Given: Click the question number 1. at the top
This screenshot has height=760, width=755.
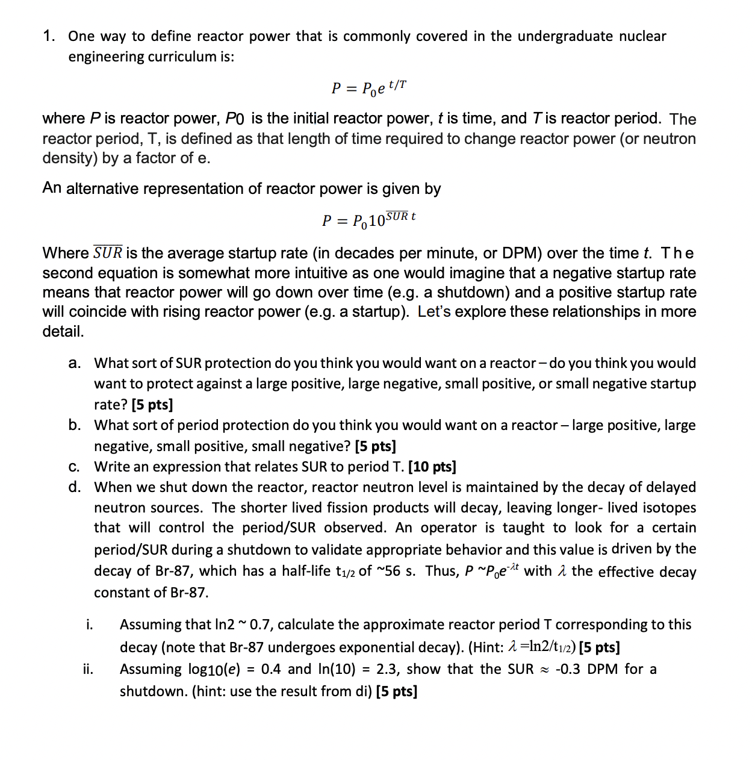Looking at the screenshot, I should pyautogui.click(x=49, y=36).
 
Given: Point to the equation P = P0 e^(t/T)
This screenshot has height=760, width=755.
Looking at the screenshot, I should pyautogui.click(x=368, y=88).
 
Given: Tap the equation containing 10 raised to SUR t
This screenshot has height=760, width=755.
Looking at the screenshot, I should pyautogui.click(x=368, y=220).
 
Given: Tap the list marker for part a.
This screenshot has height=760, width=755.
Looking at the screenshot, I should pyautogui.click(x=74, y=363).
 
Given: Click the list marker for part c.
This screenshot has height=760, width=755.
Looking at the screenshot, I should pyautogui.click(x=74, y=467).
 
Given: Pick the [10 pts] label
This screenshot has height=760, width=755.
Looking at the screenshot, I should pyautogui.click(x=432, y=467).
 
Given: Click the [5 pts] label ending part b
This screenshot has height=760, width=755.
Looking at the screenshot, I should pyautogui.click(x=375, y=446).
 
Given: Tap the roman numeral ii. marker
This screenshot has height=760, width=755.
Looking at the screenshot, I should pyautogui.click(x=88, y=669).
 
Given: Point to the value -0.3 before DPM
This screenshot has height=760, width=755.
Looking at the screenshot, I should pyautogui.click(x=568, y=669).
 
